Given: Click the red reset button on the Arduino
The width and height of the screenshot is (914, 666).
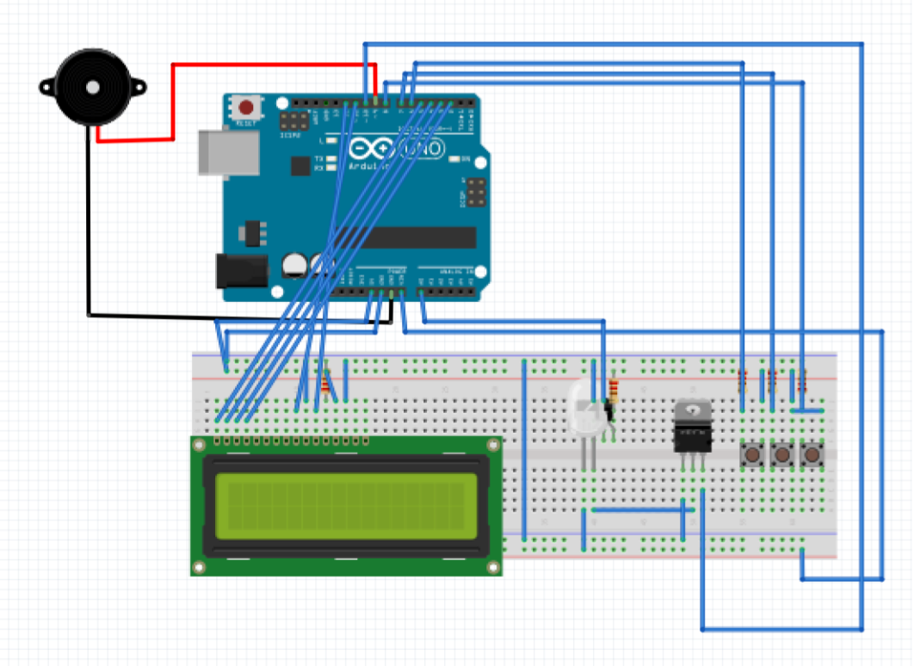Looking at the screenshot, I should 247,108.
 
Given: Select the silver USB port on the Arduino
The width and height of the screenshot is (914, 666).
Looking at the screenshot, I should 229,152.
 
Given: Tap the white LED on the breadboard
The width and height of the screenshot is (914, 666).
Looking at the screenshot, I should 586,408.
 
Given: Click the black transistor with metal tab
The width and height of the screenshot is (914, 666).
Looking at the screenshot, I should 693,427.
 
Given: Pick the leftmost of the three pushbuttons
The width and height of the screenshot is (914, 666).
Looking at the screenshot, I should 754,453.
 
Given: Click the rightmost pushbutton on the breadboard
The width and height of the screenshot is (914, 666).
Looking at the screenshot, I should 811,453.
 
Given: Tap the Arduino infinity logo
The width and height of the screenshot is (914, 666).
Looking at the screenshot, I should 372,150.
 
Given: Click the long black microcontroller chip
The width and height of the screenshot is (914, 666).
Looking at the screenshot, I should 405,237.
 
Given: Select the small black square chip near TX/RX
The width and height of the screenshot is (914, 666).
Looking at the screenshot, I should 300,165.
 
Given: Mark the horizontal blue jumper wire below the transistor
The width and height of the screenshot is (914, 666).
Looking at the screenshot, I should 641,509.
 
